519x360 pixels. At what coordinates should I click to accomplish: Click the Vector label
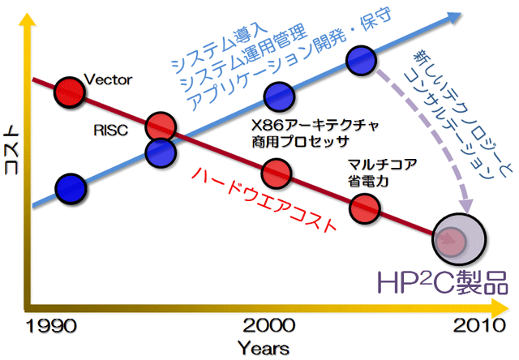(x=108, y=79)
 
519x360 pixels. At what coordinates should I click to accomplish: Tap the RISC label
(x=111, y=131)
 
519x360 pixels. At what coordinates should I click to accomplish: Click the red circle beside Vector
(x=70, y=92)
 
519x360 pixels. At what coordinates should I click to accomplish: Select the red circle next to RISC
(x=161, y=127)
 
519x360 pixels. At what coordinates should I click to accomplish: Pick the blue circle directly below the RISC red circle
(x=161, y=153)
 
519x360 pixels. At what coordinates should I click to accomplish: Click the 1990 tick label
(x=51, y=326)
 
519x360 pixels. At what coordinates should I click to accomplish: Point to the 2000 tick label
(x=268, y=325)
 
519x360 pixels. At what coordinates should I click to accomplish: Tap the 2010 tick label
(x=479, y=325)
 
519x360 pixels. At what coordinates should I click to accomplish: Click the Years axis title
(x=264, y=348)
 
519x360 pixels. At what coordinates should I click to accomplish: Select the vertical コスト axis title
(x=12, y=149)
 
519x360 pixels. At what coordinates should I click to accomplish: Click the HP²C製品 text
(x=443, y=283)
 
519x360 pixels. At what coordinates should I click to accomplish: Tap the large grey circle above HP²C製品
(x=459, y=239)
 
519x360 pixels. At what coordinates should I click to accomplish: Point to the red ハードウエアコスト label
(x=264, y=198)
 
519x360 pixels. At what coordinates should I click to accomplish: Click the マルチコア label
(x=382, y=164)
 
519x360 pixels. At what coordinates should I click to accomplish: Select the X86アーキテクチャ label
(x=315, y=126)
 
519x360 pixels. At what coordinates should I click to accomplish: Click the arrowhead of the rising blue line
(x=453, y=18)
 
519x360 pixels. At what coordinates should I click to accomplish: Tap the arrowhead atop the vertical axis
(x=28, y=19)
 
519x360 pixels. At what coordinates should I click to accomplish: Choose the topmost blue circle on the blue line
(x=361, y=61)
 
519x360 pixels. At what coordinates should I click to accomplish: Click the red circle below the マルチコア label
(x=364, y=208)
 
